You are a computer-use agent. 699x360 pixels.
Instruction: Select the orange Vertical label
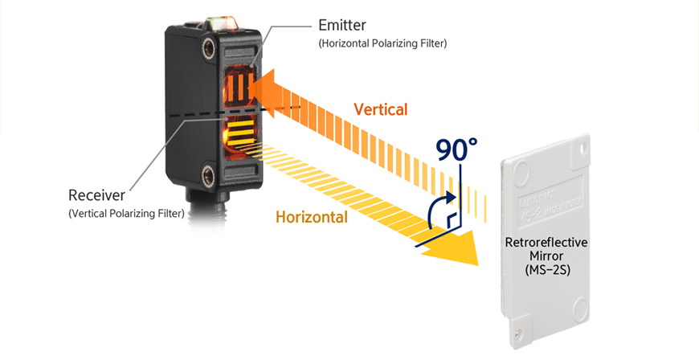tap(381, 109)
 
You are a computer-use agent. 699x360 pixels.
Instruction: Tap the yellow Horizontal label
tap(312, 217)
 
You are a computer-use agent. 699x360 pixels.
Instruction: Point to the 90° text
tap(456, 149)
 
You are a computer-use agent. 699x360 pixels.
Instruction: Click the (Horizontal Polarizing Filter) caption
tap(382, 43)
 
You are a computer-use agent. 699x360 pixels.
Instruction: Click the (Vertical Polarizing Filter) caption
tap(127, 213)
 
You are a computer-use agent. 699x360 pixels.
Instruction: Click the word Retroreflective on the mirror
tap(546, 242)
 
